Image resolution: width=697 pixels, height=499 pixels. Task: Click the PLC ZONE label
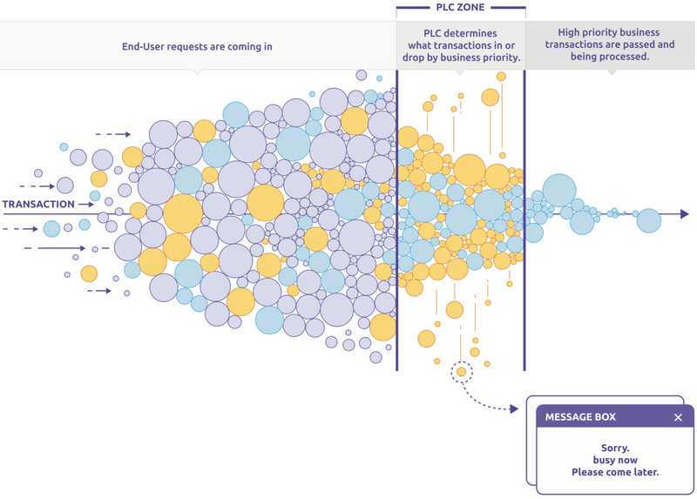(460, 7)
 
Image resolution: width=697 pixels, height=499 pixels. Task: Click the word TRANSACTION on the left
(38, 205)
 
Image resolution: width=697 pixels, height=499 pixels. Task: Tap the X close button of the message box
(678, 417)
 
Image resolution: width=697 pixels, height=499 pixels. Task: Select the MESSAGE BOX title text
(580, 417)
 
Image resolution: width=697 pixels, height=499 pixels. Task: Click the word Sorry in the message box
(615, 448)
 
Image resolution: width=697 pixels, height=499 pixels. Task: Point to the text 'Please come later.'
(615, 472)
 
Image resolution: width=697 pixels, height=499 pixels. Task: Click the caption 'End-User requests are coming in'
(197, 47)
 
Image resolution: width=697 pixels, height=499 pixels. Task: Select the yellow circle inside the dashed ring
(462, 372)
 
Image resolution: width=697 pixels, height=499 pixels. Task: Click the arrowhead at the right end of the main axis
(685, 214)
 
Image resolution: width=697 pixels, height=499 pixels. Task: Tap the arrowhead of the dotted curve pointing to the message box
(514, 408)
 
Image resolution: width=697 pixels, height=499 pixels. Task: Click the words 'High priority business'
(608, 32)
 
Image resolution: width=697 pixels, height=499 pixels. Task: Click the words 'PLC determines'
(460, 33)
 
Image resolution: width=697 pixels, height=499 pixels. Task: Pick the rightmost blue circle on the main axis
(648, 220)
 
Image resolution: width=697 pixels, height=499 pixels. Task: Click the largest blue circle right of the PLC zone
(559, 191)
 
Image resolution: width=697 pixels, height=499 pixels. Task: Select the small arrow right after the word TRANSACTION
(85, 205)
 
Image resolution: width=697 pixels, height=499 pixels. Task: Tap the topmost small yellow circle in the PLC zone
(501, 77)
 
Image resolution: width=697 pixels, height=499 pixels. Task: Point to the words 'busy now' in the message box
(615, 460)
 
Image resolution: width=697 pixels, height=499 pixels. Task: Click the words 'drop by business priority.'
(462, 57)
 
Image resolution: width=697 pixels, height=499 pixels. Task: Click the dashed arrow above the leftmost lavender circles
(113, 134)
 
